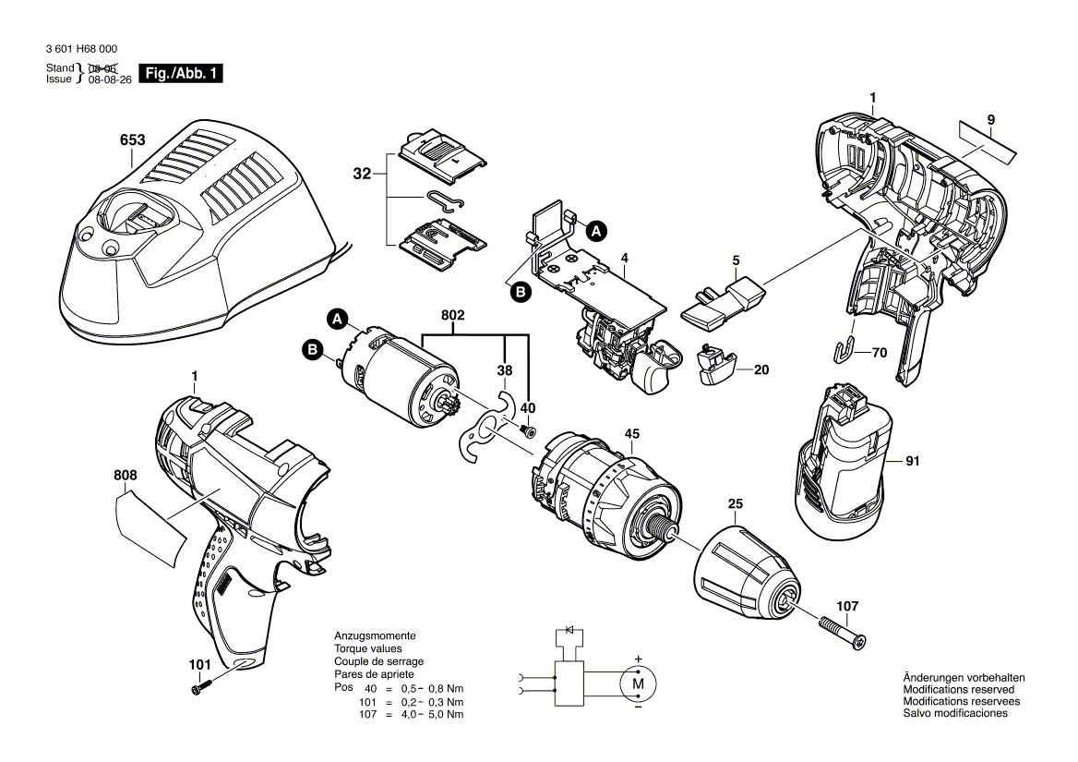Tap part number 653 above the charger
tap(133, 141)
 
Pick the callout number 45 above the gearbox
tap(632, 434)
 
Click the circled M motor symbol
tap(636, 684)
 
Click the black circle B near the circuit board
tap(521, 291)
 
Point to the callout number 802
tap(452, 316)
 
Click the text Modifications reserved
tap(958, 690)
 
